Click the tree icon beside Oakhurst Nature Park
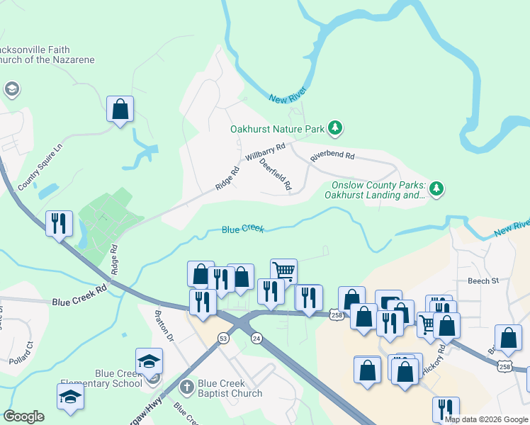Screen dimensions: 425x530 [335, 128]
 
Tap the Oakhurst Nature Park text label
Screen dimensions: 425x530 [276, 129]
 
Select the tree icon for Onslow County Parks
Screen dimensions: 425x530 [437, 188]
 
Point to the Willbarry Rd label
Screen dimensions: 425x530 [264, 151]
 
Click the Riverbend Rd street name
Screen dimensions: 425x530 [332, 154]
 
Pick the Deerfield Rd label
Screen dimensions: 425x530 [276, 174]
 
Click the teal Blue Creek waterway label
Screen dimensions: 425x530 [242, 229]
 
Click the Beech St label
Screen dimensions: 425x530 [483, 280]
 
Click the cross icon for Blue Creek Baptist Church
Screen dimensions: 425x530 [186, 387]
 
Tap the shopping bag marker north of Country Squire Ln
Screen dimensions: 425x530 [120, 110]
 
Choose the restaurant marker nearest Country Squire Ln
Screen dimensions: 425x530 [59, 223]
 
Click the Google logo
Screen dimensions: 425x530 [23, 416]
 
